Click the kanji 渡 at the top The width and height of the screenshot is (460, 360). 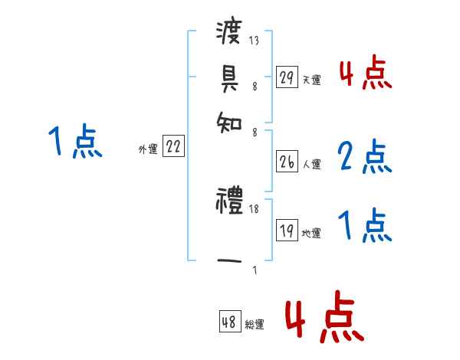(x=229, y=34)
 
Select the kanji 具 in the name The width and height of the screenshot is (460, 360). (x=229, y=77)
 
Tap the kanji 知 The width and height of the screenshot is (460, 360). (x=229, y=120)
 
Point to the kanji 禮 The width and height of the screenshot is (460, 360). (x=229, y=201)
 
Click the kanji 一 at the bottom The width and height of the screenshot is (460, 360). (x=229, y=261)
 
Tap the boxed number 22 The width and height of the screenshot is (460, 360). (x=173, y=148)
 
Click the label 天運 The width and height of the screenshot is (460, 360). (x=311, y=79)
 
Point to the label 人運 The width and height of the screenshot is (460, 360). (x=311, y=163)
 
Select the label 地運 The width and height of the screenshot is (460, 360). (x=311, y=233)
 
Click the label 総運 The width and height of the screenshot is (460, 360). (x=254, y=325)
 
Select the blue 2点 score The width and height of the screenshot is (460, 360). (x=365, y=157)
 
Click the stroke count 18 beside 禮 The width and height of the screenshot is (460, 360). (x=255, y=208)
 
